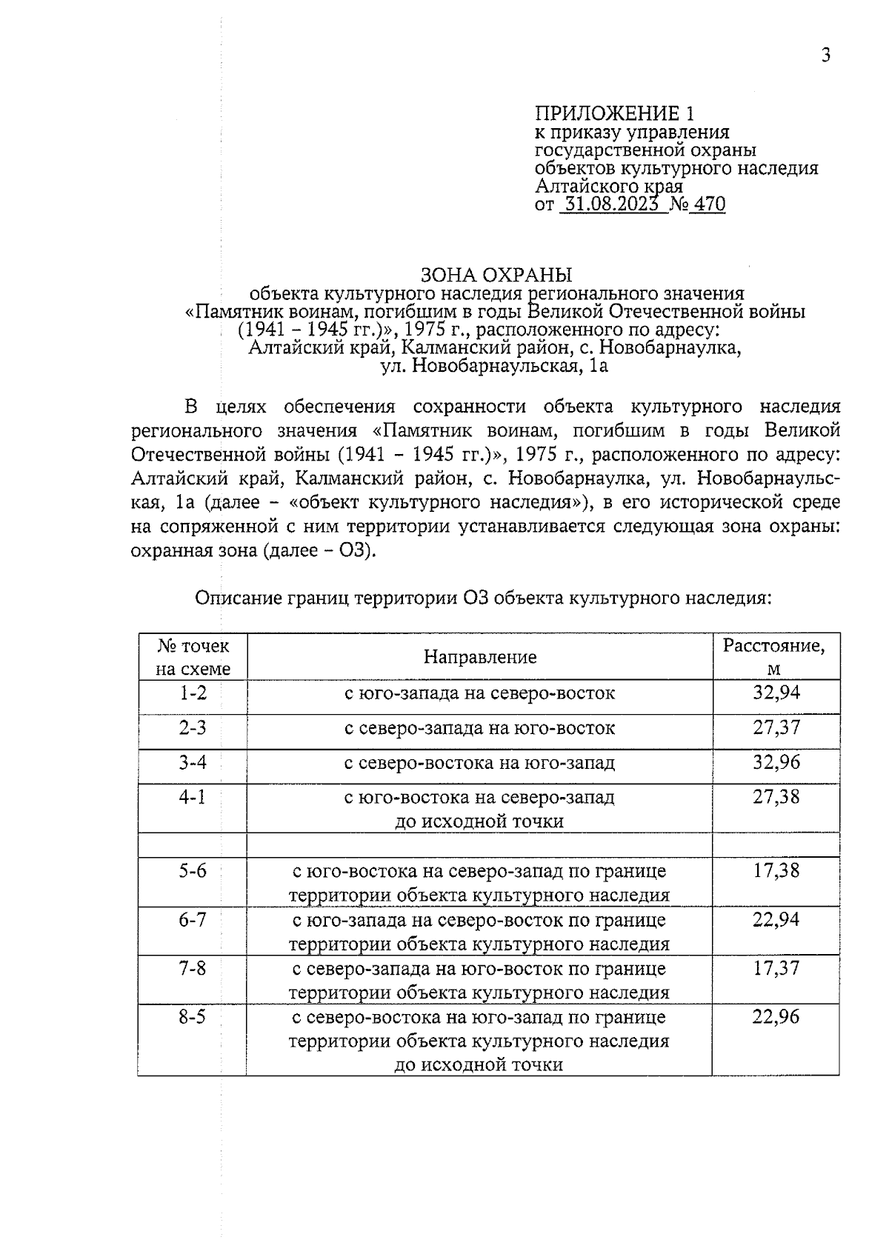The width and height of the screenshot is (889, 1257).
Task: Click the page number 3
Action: click(825, 56)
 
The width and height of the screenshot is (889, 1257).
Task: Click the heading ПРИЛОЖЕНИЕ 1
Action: click(615, 113)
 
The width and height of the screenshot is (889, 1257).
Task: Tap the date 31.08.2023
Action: click(610, 204)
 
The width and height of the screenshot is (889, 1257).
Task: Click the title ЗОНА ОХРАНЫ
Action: click(496, 275)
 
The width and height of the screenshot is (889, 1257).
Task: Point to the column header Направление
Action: click(480, 657)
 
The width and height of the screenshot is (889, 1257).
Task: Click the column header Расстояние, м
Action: click(774, 657)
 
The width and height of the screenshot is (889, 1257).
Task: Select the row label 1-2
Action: click(193, 693)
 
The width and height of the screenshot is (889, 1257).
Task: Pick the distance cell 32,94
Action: click(776, 693)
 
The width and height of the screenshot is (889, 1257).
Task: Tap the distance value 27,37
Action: click(776, 727)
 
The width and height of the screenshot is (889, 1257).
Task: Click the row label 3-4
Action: click(193, 762)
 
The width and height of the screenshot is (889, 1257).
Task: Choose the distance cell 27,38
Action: click(776, 797)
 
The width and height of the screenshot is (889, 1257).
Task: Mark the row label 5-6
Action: click(193, 870)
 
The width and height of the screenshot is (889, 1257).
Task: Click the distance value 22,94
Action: click(776, 919)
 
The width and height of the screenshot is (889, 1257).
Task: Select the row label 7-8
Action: click(193, 967)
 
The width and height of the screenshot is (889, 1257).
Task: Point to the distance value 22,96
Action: click(776, 1016)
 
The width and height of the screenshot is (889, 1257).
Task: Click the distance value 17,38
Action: click(776, 870)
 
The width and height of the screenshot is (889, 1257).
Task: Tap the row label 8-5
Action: click(193, 1016)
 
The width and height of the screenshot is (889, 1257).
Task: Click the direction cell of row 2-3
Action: click(480, 728)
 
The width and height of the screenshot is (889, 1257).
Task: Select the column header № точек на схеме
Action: click(193, 657)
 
